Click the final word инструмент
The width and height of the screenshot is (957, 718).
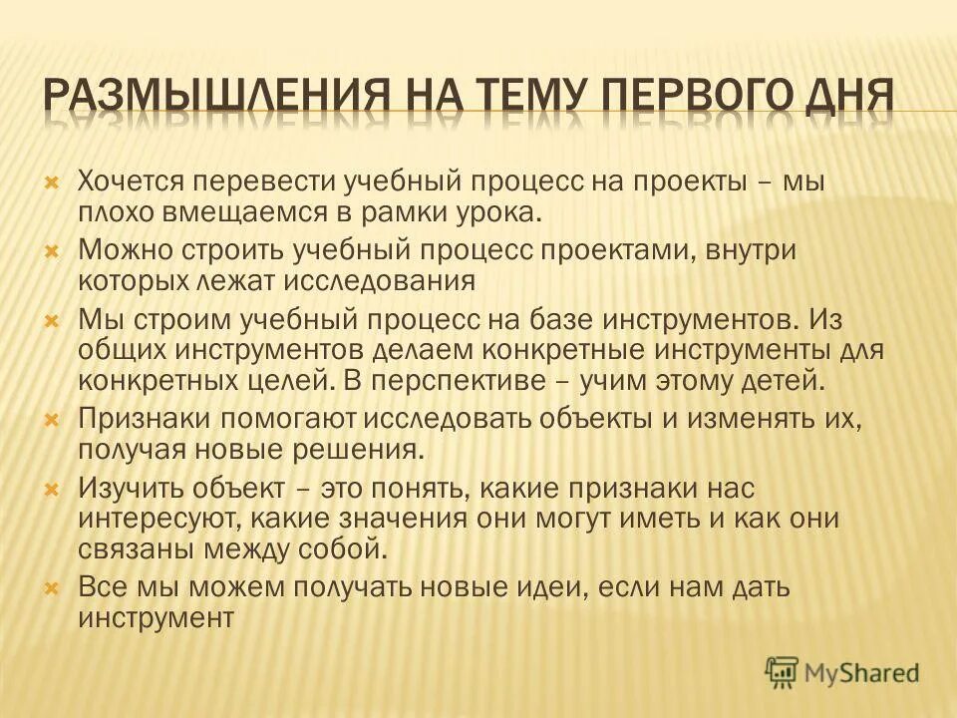tap(156, 616)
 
